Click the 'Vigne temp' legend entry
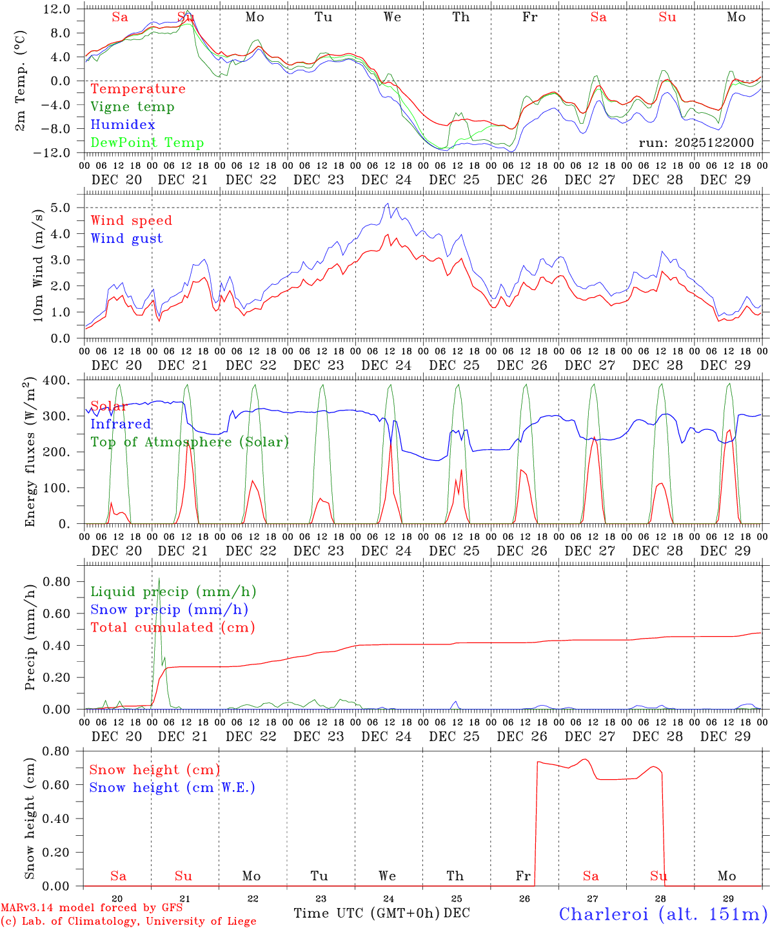[x=132, y=107]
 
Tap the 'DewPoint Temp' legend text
[x=147, y=143]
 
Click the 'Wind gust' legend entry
[x=126, y=238]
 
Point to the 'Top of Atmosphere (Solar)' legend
[x=190, y=442]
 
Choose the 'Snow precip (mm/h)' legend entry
[x=169, y=610]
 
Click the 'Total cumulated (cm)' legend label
[x=173, y=628]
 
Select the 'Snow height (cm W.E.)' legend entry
[x=172, y=788]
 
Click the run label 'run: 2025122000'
[x=696, y=142]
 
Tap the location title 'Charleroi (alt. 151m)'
[x=663, y=914]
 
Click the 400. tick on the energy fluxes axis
[x=57, y=380]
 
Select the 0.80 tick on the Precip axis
[x=57, y=581]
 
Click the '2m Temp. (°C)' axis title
[x=21, y=81]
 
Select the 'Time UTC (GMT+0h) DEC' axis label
[x=381, y=913]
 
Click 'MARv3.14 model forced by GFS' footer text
[x=92, y=908]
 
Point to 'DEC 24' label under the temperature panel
[x=386, y=180]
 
